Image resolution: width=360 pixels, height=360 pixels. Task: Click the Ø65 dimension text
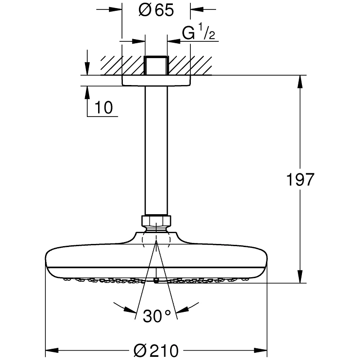156,10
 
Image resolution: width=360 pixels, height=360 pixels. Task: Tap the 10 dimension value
104,107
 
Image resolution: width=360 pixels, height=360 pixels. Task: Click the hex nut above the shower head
156,221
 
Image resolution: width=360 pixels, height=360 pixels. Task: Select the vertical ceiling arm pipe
156,148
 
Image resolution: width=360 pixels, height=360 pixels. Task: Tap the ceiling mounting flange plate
156,80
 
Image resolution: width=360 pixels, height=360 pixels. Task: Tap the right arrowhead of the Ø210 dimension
263,350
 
